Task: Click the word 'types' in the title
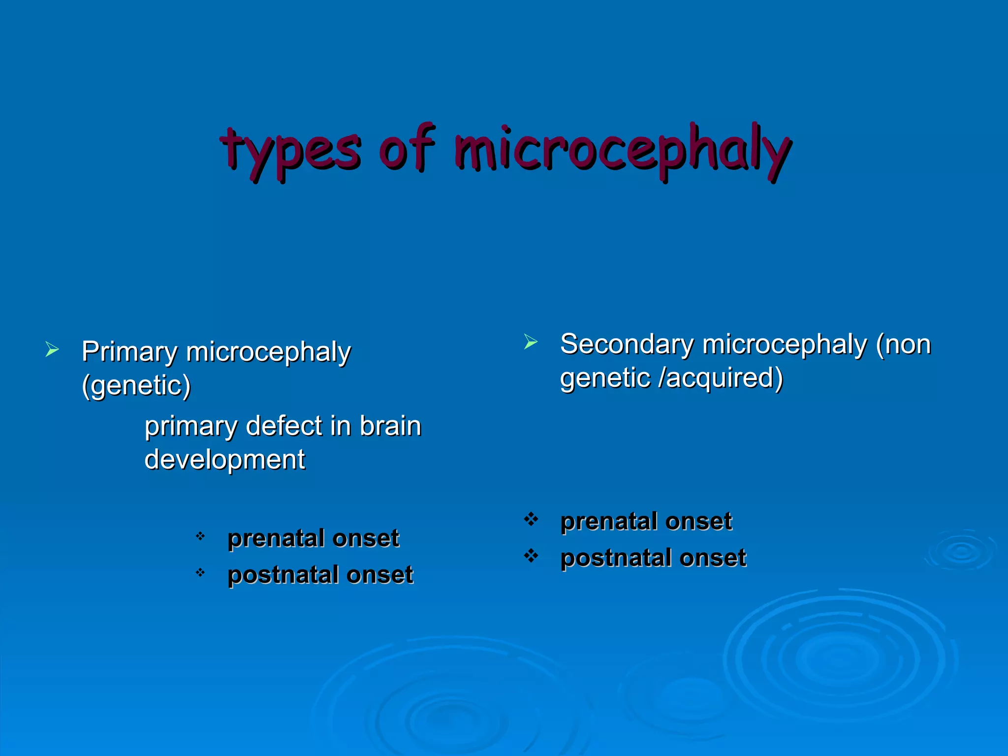290,150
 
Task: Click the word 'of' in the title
407,148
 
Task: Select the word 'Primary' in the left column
129,352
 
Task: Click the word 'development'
224,460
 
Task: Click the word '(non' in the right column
904,344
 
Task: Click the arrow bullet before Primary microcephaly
52,349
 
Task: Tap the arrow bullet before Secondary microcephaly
531,342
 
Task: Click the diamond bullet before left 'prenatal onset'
200,536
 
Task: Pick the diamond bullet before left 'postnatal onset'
200,572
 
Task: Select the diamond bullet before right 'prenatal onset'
531,519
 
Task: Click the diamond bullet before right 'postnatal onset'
531,556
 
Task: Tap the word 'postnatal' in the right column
615,558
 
